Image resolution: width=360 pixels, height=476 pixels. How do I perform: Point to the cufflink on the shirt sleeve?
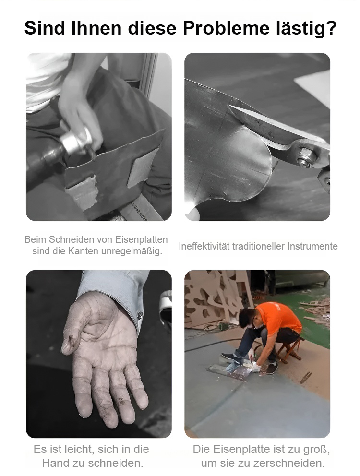(x=140, y=315)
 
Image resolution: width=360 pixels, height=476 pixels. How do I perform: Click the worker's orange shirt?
(x=278, y=317)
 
